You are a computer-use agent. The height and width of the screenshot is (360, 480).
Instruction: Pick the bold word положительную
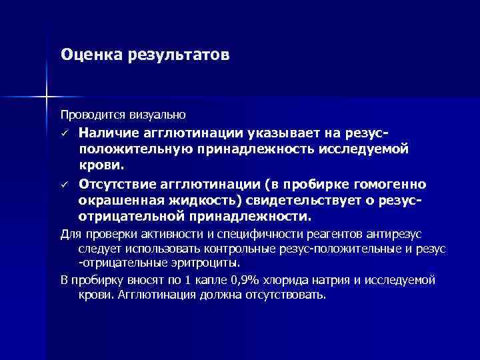click(x=133, y=149)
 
